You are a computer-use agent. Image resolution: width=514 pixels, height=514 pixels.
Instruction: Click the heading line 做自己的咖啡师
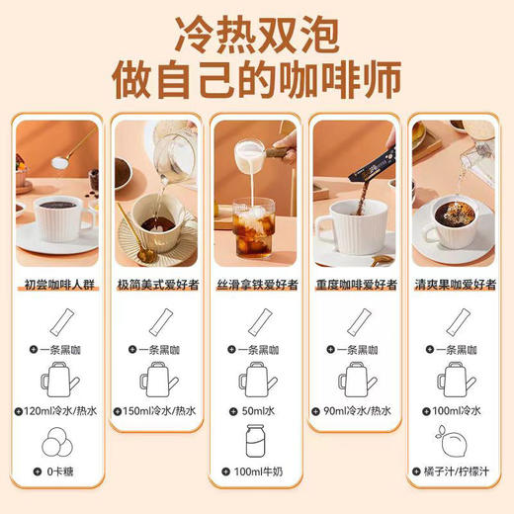pos(257,78)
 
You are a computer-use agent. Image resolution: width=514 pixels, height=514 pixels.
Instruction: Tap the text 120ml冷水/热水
pos(60,409)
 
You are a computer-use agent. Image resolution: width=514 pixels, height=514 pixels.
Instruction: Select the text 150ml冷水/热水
pos(160,409)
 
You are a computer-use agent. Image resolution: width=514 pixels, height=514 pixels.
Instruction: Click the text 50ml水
pos(260,409)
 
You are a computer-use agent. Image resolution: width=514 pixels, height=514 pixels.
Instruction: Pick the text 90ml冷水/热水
pos(361,409)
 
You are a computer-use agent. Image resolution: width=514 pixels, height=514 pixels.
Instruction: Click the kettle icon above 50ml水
pos(257,378)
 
